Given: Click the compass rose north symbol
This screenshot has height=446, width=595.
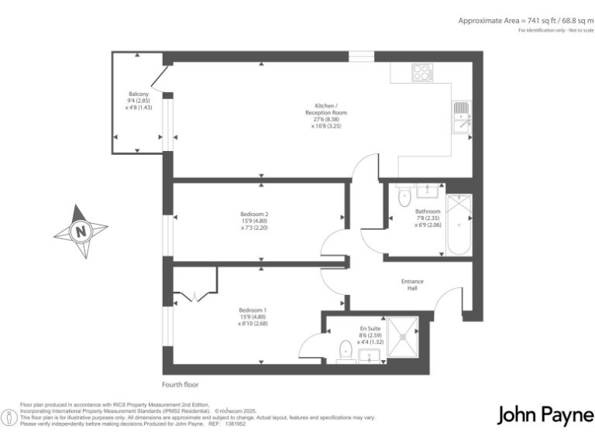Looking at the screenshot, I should [x=81, y=231].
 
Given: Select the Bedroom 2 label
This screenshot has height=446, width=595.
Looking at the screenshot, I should [x=255, y=222].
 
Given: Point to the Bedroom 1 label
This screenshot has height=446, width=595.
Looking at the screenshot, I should [x=255, y=317].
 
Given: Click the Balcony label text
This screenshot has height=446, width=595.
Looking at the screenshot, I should [x=139, y=101].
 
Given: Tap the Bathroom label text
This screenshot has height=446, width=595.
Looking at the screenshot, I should [x=428, y=218].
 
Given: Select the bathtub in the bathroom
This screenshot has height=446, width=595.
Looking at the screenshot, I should [x=459, y=225].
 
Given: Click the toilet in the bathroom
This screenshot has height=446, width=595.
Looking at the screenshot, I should [x=404, y=199].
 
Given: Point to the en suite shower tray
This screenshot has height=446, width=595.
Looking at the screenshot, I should [x=404, y=337].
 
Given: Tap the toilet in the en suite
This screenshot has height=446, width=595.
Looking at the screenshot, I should [x=346, y=352].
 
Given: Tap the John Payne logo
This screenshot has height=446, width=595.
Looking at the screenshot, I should [x=545, y=415].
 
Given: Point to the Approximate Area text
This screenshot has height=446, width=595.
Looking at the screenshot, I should [x=524, y=21].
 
